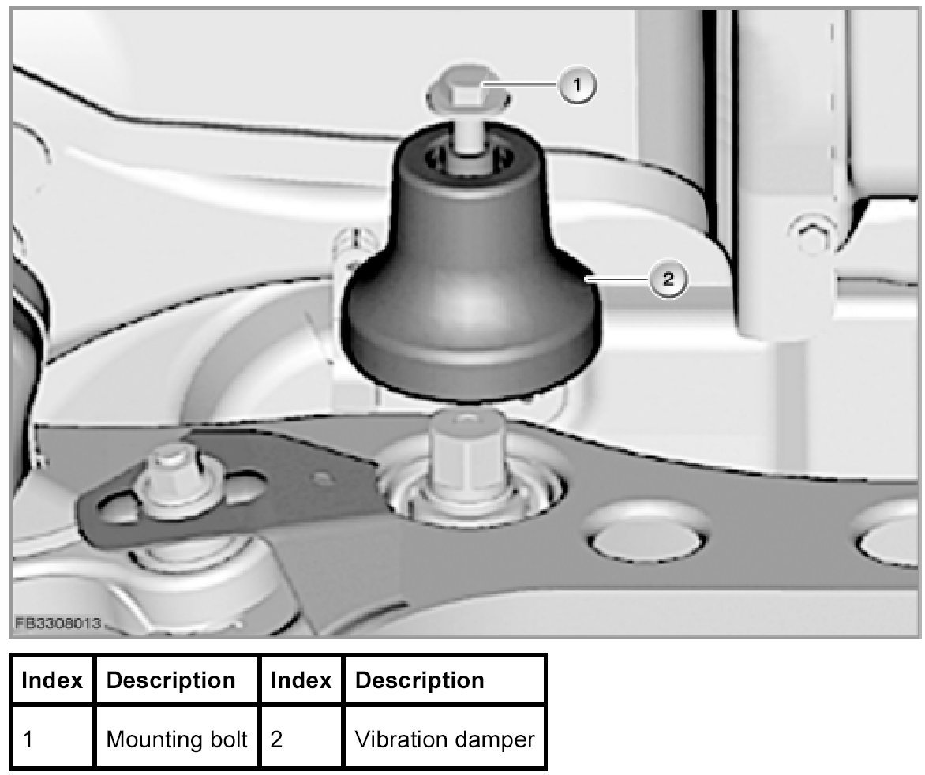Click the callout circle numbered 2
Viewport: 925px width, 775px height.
click(x=668, y=280)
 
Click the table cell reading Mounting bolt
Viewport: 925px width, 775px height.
click(x=177, y=739)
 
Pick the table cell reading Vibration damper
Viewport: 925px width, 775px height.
click(x=444, y=739)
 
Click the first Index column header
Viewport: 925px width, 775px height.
click(x=52, y=680)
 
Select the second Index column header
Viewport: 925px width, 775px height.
click(x=301, y=680)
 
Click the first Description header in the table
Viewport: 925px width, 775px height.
click(x=170, y=680)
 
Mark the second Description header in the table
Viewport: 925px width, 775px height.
click(x=420, y=680)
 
